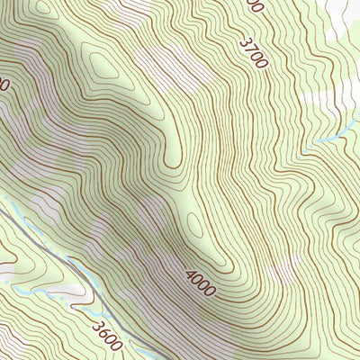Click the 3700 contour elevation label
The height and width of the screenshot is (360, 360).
point(255,53)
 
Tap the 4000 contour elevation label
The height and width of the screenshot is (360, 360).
point(201,283)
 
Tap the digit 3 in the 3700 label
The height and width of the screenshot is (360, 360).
point(246,40)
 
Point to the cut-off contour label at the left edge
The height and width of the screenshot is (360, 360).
point(4,85)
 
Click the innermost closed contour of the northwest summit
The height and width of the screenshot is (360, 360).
point(105,61)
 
